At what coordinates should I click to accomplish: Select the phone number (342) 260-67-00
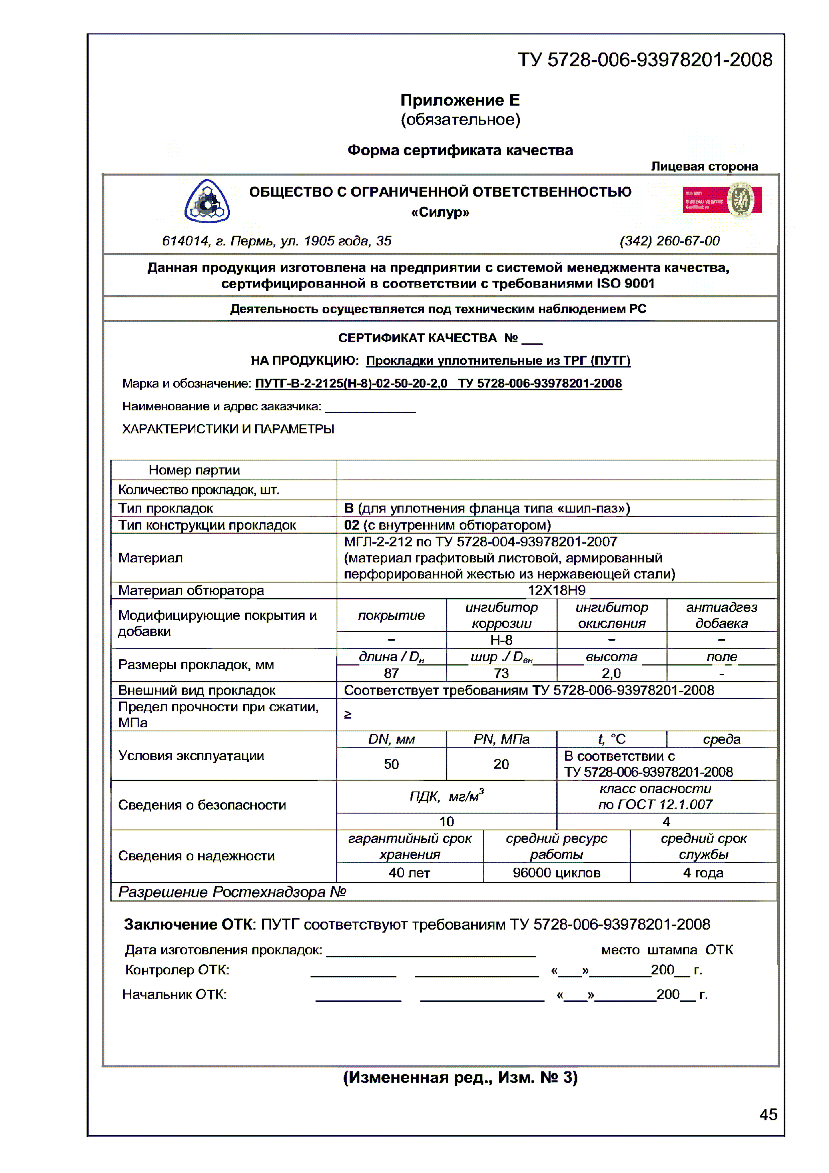(669, 241)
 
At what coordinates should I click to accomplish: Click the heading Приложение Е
(460, 100)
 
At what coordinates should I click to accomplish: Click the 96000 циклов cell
(556, 873)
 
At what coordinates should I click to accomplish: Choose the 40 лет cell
(409, 873)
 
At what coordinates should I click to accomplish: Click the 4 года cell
(703, 873)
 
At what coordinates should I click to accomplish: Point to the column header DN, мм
(391, 739)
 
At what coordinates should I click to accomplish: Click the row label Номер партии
(194, 470)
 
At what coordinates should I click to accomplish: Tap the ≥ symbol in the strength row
(348, 715)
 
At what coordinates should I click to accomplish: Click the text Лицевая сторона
(704, 167)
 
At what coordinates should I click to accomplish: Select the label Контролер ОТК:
(177, 970)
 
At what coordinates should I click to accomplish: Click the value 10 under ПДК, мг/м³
(447, 822)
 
